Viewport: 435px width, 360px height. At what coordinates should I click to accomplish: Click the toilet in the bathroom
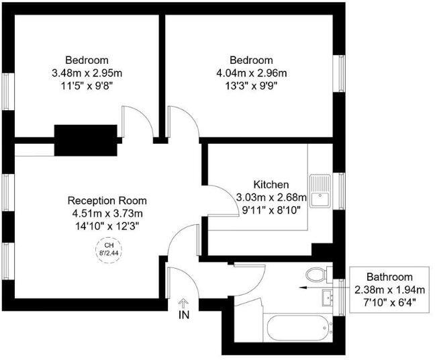coord(316,274)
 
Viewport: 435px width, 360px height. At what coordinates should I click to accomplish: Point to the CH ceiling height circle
coord(107,249)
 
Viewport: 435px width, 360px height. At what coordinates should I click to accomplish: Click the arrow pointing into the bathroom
coord(323,285)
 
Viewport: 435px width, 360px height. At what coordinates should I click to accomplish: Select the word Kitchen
coord(271,185)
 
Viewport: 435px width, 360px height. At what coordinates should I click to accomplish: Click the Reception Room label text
coord(107,201)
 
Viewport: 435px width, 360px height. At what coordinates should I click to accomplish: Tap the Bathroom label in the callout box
coord(389,277)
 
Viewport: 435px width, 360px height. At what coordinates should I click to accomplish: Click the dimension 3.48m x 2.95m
coord(87,73)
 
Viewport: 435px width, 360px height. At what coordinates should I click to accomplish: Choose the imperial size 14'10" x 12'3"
coord(107,226)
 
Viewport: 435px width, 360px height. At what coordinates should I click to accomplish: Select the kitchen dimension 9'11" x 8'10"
coord(271,210)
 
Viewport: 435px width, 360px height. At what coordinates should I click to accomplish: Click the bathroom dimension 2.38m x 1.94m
coord(389,289)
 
